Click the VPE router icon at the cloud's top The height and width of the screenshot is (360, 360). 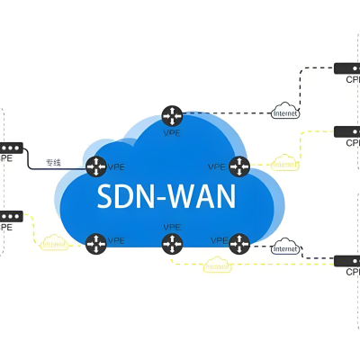click(x=172, y=115)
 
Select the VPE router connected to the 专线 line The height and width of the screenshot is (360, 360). click(x=95, y=166)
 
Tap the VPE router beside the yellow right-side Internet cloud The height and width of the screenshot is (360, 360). click(x=238, y=166)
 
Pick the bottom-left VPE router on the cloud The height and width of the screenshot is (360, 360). click(x=95, y=241)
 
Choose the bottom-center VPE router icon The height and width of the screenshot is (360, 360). click(x=172, y=242)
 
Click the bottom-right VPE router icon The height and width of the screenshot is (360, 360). click(x=238, y=241)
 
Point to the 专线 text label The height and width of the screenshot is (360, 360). click(x=53, y=162)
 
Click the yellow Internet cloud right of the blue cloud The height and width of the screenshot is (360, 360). click(x=284, y=166)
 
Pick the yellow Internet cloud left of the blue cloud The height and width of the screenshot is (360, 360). click(x=54, y=241)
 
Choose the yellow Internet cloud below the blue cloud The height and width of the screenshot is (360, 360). click(x=216, y=266)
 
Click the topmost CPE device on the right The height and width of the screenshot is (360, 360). click(x=346, y=67)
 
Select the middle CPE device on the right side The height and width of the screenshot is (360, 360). click(x=346, y=131)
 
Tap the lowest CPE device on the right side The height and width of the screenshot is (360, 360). click(x=346, y=261)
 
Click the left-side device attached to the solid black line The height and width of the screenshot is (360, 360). click(x=8, y=148)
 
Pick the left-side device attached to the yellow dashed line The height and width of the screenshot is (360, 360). click(x=8, y=216)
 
